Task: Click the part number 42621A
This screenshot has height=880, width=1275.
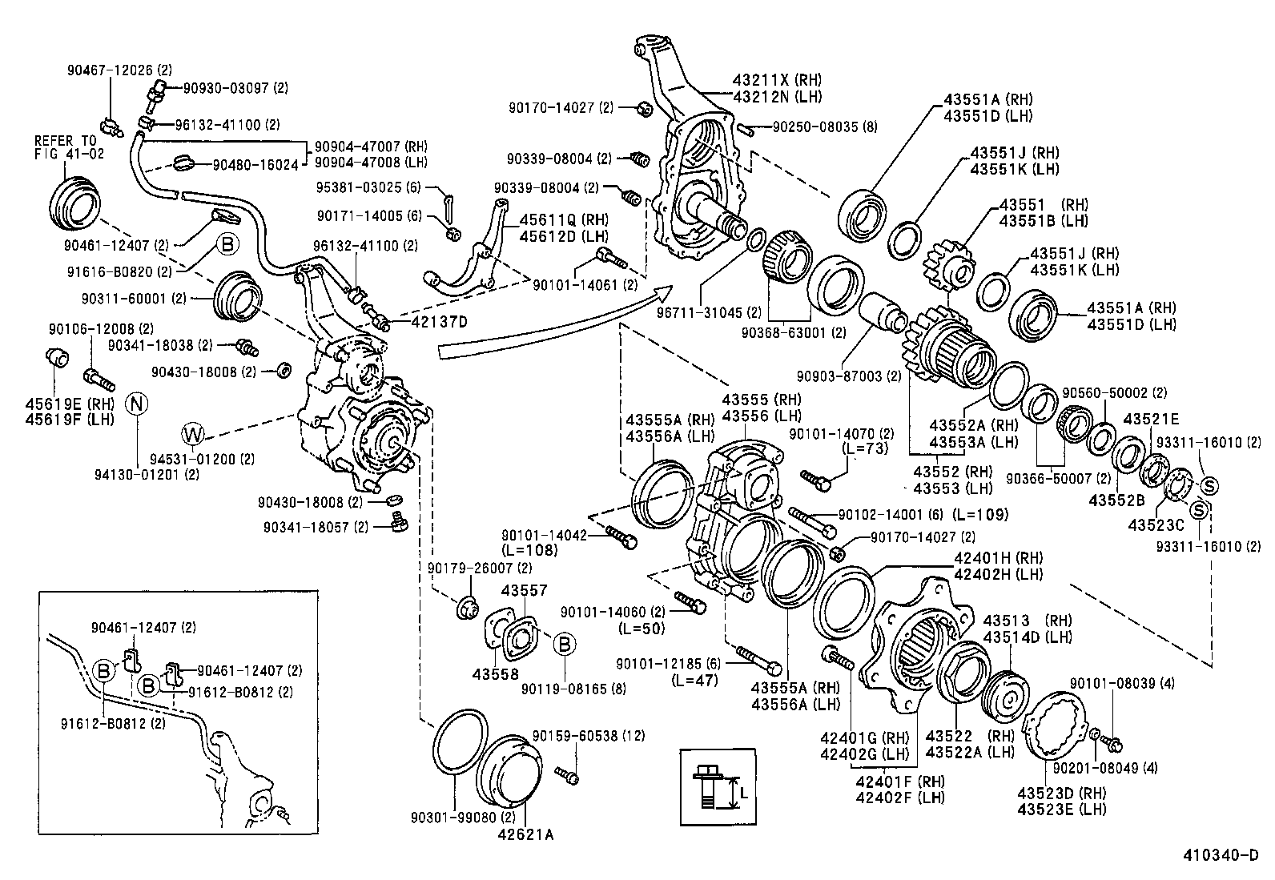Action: click(526, 834)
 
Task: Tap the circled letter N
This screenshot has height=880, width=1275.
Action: click(137, 403)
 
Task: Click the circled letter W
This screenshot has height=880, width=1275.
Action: click(193, 434)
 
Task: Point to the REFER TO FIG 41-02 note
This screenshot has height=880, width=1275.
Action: click(69, 147)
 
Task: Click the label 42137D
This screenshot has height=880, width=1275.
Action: click(439, 322)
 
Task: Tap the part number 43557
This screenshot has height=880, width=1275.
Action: click(524, 591)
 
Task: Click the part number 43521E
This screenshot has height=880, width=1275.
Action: click(1151, 420)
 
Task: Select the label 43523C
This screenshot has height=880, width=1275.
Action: click(1156, 524)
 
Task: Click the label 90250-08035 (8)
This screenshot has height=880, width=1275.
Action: click(824, 126)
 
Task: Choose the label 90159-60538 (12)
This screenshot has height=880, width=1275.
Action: click(588, 735)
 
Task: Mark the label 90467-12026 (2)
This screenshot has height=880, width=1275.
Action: click(119, 70)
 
